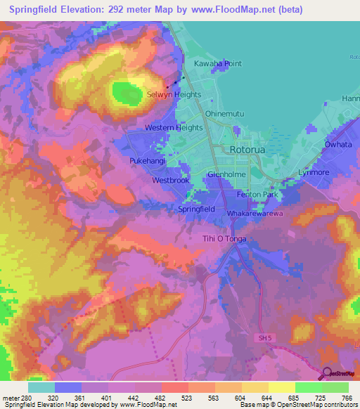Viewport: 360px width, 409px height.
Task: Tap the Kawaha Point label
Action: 218,63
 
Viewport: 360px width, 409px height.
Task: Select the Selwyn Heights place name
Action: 174,94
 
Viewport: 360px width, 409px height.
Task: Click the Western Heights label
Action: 174,128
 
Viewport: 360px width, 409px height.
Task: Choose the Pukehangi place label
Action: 147,161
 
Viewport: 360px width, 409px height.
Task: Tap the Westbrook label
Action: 171,181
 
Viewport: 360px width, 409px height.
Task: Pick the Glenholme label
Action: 225,175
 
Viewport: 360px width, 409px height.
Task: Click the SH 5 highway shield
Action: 262,339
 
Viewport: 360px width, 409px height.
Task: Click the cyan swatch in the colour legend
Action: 41,387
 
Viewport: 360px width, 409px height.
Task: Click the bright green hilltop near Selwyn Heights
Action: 124,93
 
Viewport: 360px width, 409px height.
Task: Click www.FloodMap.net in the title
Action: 228,9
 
